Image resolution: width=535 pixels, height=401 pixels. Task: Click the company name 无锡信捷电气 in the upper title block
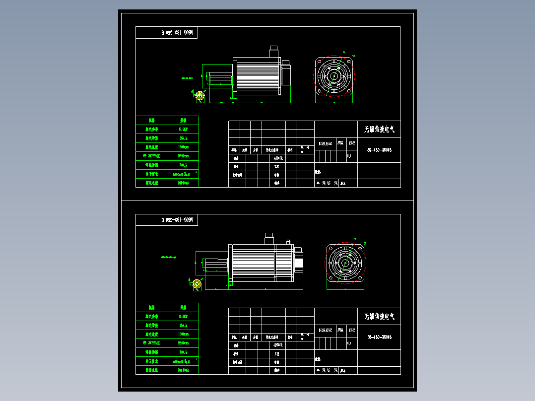coord(379,130)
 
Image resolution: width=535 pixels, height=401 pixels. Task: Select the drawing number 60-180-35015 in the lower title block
coord(379,150)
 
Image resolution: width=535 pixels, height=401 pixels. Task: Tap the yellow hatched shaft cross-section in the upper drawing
coord(200,95)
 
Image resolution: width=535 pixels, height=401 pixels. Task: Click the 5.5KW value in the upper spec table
coord(183,129)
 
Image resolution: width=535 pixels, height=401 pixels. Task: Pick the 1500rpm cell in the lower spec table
coord(183,334)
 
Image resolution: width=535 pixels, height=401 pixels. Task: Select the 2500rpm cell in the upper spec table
coord(183,156)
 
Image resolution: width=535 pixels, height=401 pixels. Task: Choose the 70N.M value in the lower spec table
coord(183,352)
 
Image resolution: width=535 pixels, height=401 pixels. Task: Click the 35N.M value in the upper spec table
coord(183,138)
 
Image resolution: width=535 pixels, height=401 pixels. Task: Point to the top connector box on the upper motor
coord(273,51)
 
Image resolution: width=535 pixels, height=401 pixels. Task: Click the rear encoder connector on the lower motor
coord(298,260)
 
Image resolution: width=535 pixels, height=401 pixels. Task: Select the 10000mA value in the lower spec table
coord(183,370)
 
